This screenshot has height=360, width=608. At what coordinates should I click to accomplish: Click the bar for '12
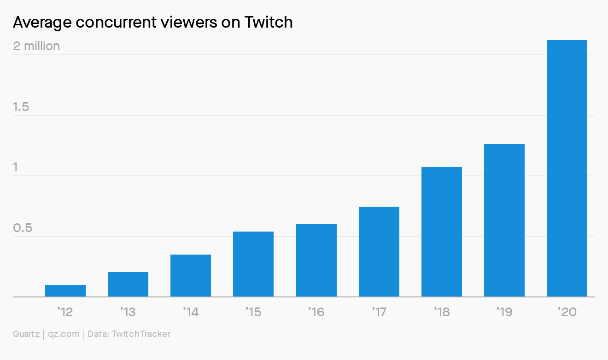[x=65, y=291]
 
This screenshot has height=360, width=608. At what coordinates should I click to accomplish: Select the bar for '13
[x=128, y=285]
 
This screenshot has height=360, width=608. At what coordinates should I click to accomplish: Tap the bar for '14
[x=191, y=276]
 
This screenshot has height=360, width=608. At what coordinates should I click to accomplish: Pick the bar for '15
[x=253, y=264]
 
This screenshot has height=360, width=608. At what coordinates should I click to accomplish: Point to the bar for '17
[x=379, y=252]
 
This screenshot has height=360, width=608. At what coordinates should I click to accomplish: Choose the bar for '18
[x=442, y=232]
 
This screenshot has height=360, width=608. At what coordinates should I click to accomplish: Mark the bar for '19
[x=504, y=221]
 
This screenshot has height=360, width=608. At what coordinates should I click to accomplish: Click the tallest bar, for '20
[x=567, y=168]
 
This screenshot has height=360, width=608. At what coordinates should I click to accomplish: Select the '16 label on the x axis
[x=316, y=312]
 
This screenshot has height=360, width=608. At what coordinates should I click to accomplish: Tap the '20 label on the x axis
[x=567, y=312]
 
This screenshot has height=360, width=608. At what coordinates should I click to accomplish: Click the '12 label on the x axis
[x=65, y=312]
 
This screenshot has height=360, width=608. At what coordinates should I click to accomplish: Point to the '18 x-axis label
[x=442, y=312]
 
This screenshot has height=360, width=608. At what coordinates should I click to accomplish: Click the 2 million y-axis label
[x=36, y=46]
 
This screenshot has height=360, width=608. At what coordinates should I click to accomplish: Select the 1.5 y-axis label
[x=21, y=107]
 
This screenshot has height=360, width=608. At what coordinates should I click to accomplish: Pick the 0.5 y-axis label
[x=23, y=228]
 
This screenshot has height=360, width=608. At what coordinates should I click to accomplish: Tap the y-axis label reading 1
[x=16, y=167]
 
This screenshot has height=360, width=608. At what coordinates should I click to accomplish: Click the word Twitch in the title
[x=269, y=22]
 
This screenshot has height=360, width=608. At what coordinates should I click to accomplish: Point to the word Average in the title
[x=41, y=22]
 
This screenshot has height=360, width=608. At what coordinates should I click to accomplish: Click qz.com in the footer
[x=64, y=334]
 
